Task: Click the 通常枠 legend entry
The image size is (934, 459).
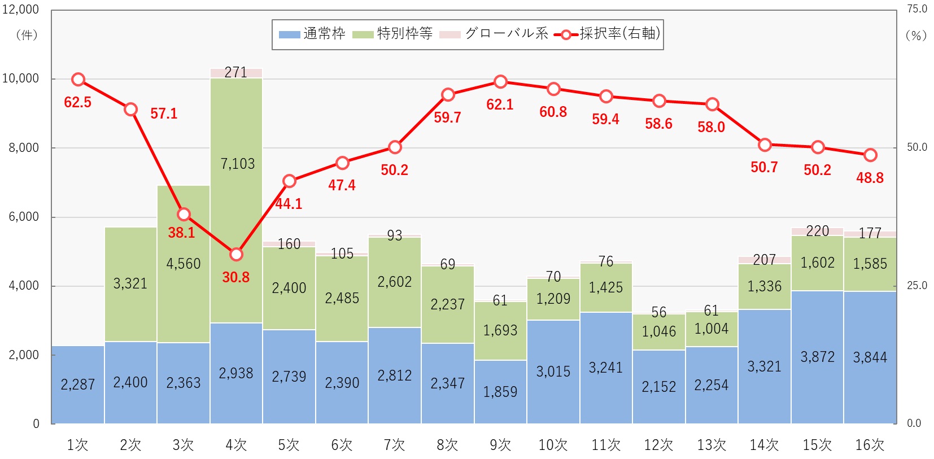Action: [312, 34]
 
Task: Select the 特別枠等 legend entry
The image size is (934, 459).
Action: [393, 34]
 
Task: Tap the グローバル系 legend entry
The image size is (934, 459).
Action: [494, 34]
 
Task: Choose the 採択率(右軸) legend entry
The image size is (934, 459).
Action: [608, 34]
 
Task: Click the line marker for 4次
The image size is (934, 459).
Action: [236, 255]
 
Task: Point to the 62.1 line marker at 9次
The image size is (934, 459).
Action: [500, 82]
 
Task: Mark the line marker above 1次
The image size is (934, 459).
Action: [78, 80]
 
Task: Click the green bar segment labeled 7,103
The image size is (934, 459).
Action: [236, 200]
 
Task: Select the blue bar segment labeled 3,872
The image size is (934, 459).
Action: [817, 357]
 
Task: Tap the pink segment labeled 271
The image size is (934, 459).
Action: [236, 73]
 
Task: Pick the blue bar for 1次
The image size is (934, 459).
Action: [78, 384]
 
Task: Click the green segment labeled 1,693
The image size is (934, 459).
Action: [500, 330]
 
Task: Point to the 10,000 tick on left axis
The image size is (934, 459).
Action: [20, 78]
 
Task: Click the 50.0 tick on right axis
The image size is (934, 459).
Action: [916, 147]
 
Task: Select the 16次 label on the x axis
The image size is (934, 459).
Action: [870, 445]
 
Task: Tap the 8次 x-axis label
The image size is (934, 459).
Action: [447, 445]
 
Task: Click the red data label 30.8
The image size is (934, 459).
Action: [235, 277]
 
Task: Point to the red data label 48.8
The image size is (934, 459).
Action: [870, 178]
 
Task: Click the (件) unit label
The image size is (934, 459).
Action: [27, 35]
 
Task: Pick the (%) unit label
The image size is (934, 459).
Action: [916, 35]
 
